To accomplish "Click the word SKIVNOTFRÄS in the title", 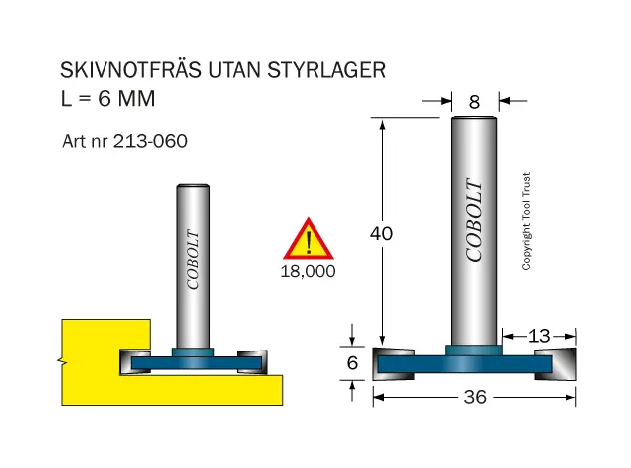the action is [130, 69].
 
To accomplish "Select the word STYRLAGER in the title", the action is [326, 70].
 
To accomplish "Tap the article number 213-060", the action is [150, 141].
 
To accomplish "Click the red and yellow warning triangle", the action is [309, 239].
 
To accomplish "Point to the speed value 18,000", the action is [308, 271].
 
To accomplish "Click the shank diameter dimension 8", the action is [474, 102].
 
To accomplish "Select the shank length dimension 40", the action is [381, 233].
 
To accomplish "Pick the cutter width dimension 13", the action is [539, 336].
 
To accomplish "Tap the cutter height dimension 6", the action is [352, 363].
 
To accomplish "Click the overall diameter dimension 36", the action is [475, 397].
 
